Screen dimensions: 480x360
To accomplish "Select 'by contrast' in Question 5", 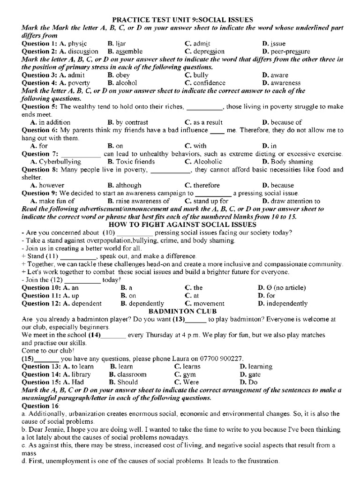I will pos(127,122).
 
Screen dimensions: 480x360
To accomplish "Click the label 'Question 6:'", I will pos(39,130).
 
